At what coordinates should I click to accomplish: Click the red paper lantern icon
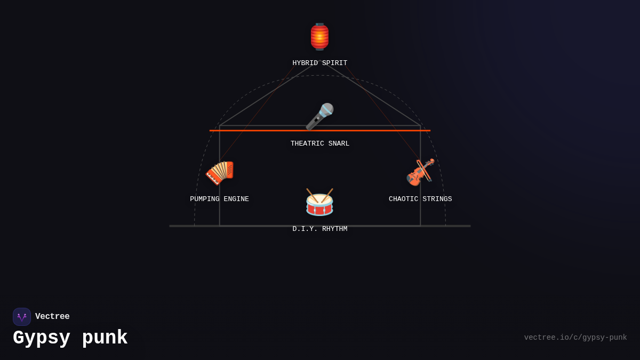click(319, 37)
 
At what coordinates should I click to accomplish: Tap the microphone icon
click(319, 117)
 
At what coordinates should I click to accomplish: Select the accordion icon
click(219, 173)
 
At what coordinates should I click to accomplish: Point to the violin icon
click(420, 172)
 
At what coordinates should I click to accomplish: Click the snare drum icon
click(319, 202)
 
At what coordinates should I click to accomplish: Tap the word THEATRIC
click(307, 143)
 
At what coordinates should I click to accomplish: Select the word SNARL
click(339, 143)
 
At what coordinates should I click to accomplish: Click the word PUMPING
click(205, 199)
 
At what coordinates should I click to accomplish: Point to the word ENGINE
click(236, 199)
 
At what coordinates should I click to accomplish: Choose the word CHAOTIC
click(403, 199)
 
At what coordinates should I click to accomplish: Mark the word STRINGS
click(437, 199)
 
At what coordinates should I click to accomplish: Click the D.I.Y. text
click(305, 229)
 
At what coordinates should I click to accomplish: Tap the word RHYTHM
click(334, 229)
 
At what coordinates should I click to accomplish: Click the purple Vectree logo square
click(22, 317)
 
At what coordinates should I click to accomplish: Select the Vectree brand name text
click(52, 316)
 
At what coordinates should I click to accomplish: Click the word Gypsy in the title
click(42, 338)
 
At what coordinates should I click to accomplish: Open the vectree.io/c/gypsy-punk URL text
click(575, 338)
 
